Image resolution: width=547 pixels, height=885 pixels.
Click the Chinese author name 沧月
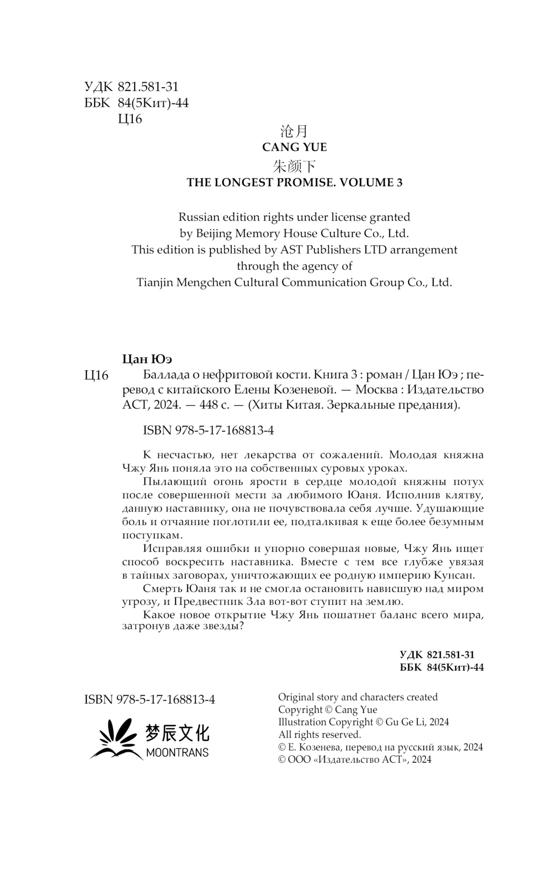click(x=294, y=131)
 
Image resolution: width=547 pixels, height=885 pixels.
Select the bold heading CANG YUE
click(x=294, y=147)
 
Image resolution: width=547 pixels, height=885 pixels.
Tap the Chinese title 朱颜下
click(x=294, y=166)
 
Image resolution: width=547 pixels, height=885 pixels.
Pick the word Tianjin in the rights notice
click(x=155, y=283)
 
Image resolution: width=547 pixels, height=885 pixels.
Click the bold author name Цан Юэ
click(x=147, y=359)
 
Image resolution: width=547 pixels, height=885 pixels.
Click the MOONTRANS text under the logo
click(x=177, y=752)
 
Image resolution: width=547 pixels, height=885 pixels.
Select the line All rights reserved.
click(x=319, y=734)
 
